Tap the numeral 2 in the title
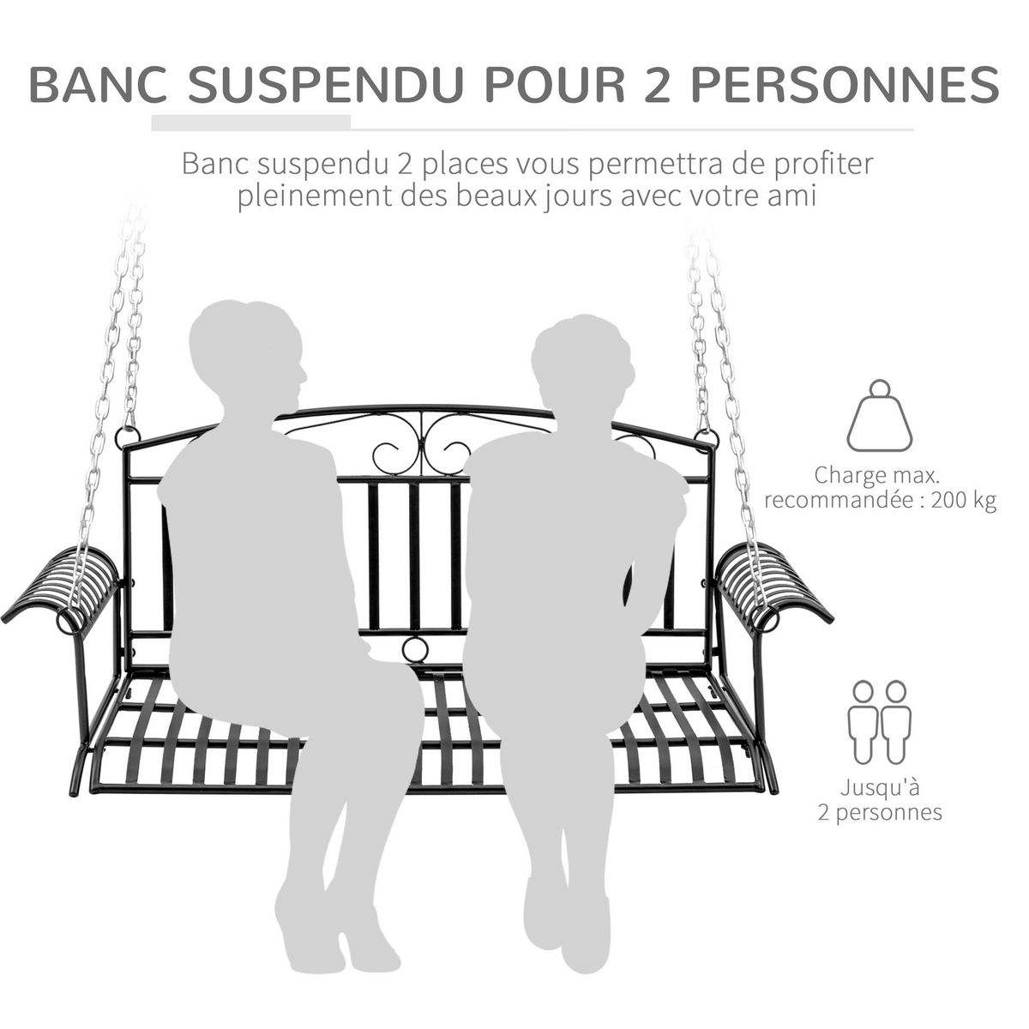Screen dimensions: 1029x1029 coord(654,86)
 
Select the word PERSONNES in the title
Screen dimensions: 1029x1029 coord(844,86)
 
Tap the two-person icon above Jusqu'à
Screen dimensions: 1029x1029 coord(880,722)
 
